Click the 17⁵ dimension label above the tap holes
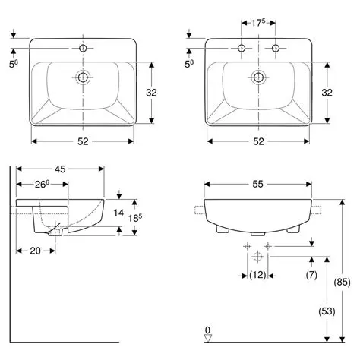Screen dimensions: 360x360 click(258, 23)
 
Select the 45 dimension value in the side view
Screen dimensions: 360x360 click(60, 169)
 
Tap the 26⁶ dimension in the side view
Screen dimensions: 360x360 click(42, 185)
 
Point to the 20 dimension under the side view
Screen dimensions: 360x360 click(35, 251)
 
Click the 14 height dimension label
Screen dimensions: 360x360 click(118, 213)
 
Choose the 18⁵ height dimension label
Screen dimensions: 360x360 click(135, 218)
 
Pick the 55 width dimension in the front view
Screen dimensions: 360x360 click(257, 184)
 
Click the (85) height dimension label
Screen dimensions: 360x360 click(343, 282)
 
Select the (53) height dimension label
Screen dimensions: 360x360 click(327, 311)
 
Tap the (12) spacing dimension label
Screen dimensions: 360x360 click(257, 275)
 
